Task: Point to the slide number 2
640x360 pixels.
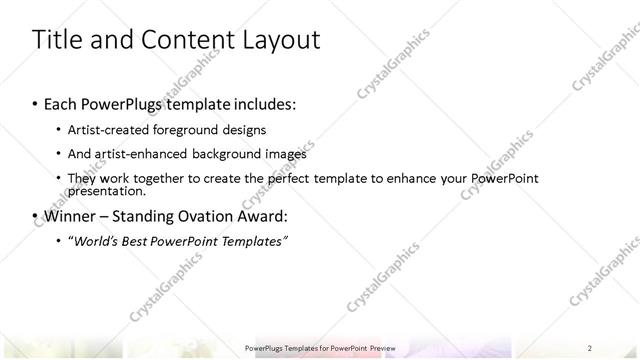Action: [590, 347]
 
